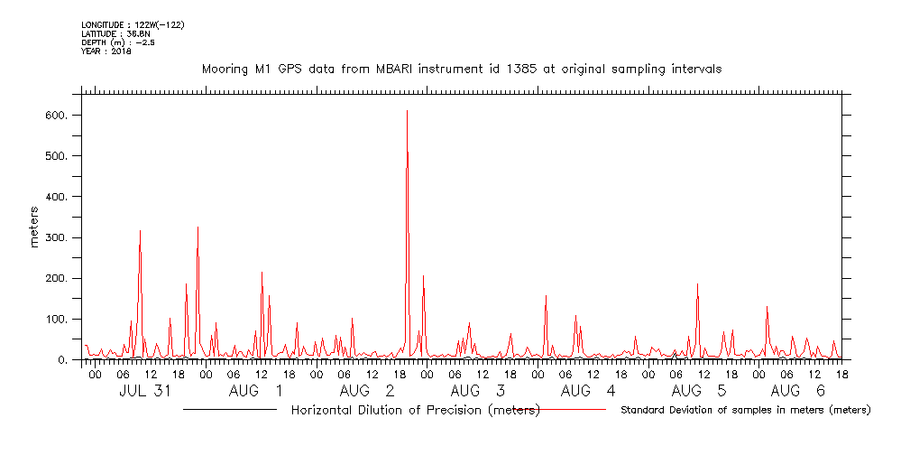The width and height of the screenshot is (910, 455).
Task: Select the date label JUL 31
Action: click(x=145, y=391)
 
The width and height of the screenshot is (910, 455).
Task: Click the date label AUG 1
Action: click(x=255, y=391)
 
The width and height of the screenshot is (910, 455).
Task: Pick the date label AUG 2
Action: click(x=367, y=391)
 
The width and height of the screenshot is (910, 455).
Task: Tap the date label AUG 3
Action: click(x=477, y=391)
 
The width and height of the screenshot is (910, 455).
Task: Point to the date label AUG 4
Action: click(x=588, y=391)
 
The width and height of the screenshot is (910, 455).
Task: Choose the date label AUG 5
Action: click(x=699, y=391)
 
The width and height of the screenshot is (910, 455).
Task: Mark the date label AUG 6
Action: click(x=798, y=391)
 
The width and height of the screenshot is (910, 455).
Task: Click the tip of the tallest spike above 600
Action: click(x=407, y=110)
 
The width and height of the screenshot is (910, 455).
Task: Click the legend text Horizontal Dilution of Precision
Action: click(x=415, y=411)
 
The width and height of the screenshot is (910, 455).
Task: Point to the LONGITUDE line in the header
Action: click(x=133, y=25)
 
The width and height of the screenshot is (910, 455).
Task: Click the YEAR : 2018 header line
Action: click(x=106, y=51)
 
